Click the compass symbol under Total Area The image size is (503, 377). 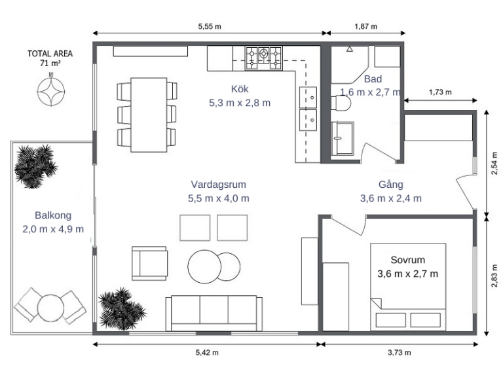[50, 91]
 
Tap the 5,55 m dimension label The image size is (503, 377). [210, 26]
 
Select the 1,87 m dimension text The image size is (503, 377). [365, 26]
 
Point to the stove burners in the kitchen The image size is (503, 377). [264, 58]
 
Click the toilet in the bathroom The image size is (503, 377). [341, 103]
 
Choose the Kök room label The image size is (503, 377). [240, 89]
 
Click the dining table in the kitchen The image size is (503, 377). [149, 115]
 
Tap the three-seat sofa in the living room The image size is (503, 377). [214, 314]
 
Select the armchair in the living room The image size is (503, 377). [149, 263]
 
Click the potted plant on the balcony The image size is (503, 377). [35, 166]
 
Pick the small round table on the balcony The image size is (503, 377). [50, 308]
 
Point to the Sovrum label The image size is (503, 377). [408, 260]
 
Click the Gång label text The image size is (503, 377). [391, 185]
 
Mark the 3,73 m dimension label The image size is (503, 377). [399, 353]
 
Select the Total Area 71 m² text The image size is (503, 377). [50, 58]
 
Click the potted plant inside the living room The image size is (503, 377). [122, 309]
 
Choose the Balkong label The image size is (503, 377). [53, 215]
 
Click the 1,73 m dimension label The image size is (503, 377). [440, 92]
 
